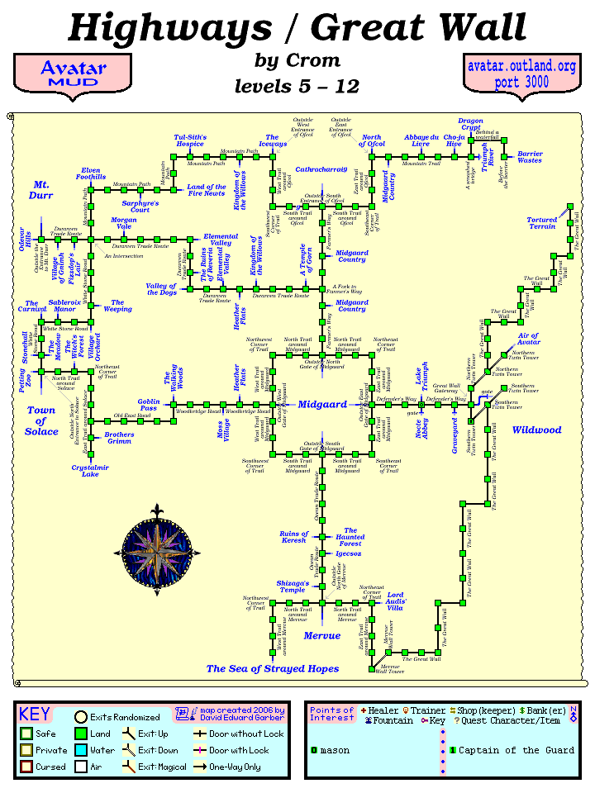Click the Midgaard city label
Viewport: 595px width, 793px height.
pyautogui.click(x=322, y=405)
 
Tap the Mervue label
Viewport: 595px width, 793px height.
pyautogui.click(x=321, y=636)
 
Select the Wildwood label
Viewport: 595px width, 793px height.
pyautogui.click(x=536, y=430)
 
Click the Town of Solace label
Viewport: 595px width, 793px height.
pyautogui.click(x=41, y=420)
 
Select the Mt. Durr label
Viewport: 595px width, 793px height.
pyautogui.click(x=40, y=190)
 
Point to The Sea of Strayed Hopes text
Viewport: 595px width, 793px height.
pyautogui.click(x=273, y=668)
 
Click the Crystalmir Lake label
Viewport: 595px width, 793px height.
pyautogui.click(x=85, y=470)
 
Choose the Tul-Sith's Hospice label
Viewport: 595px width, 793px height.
pyautogui.click(x=190, y=140)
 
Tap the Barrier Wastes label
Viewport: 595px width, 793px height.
pyautogui.click(x=530, y=157)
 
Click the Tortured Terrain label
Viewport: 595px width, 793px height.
pyautogui.click(x=542, y=223)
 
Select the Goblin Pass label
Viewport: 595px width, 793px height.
pyautogui.click(x=149, y=404)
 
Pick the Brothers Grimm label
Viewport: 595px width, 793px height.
pyautogui.click(x=120, y=438)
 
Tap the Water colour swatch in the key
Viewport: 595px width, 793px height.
pyautogui.click(x=81, y=750)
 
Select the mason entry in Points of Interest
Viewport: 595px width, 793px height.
pyautogui.click(x=336, y=750)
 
